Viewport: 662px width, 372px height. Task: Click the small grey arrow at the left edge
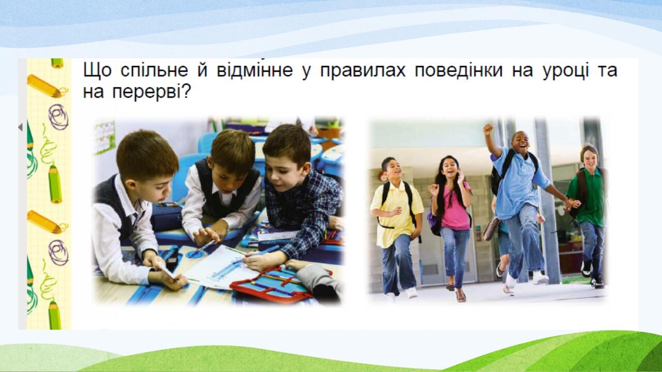point(20,127)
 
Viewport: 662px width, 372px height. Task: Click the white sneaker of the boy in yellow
point(412,292)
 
